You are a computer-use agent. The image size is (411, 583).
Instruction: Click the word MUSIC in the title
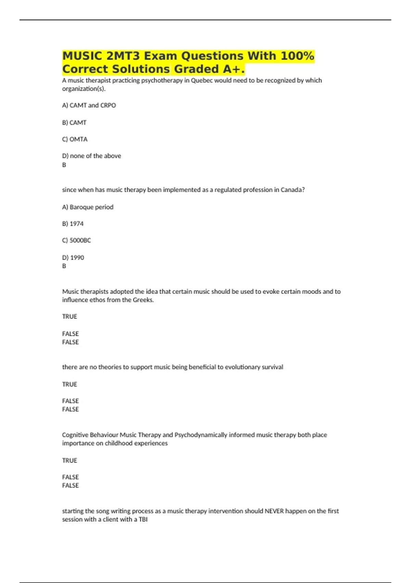tap(82, 56)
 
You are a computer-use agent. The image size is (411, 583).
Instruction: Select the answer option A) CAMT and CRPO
tap(89, 105)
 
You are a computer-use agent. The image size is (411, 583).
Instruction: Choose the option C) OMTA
tap(75, 139)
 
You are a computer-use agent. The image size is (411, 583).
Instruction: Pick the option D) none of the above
tap(91, 156)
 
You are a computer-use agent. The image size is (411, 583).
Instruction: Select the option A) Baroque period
tap(88, 207)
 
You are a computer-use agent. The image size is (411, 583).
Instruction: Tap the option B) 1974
tap(73, 224)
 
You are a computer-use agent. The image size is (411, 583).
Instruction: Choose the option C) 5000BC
tap(76, 240)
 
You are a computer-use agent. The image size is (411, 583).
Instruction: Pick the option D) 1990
tap(73, 258)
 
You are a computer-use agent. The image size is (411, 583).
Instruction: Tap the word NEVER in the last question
tap(274, 511)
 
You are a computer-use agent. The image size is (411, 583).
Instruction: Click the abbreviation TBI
tap(143, 520)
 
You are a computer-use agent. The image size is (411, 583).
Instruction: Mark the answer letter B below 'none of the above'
tap(64, 165)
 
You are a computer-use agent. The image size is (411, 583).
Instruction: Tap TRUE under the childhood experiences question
tap(70, 460)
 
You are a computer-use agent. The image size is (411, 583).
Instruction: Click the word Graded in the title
tap(196, 69)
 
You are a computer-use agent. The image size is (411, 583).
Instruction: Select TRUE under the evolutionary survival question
tap(70, 384)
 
